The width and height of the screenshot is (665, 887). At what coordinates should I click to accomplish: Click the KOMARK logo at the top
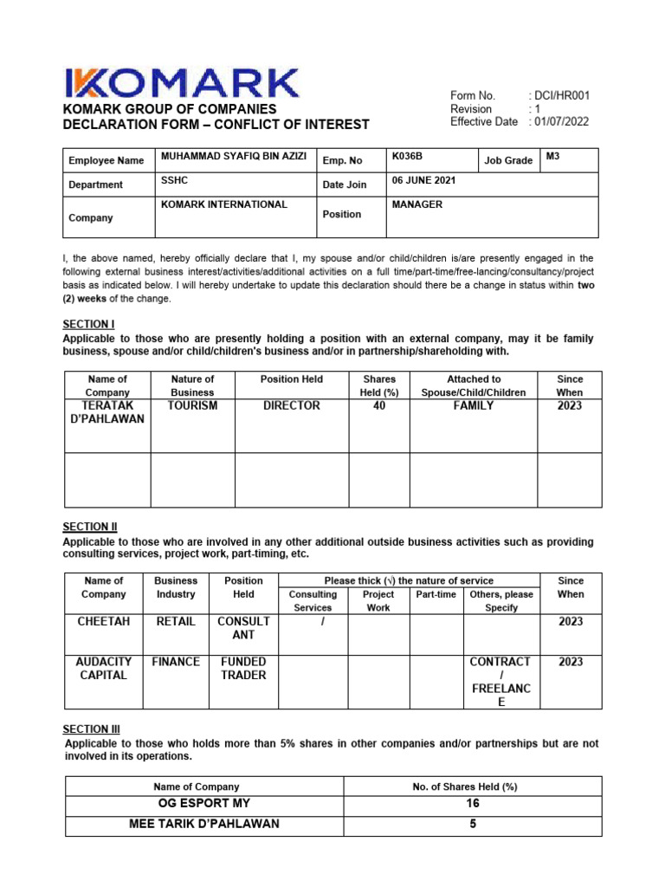click(x=181, y=84)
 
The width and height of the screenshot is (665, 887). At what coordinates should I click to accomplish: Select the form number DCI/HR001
click(x=562, y=95)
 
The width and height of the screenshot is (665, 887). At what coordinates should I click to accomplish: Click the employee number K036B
click(x=407, y=157)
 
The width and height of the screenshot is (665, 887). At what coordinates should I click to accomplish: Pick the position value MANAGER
click(x=417, y=204)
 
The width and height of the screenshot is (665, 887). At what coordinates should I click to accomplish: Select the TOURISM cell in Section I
click(x=192, y=405)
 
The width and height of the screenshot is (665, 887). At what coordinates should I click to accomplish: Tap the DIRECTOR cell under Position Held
click(x=291, y=405)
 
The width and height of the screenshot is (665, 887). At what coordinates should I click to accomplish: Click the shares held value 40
click(x=378, y=405)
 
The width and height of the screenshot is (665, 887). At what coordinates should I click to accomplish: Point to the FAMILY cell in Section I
click(x=473, y=405)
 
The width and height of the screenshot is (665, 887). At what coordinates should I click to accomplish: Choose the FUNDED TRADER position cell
click(x=243, y=668)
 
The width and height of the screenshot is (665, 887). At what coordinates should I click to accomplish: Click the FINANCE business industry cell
click(x=176, y=662)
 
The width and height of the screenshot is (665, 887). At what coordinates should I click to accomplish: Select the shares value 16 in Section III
click(x=473, y=804)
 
